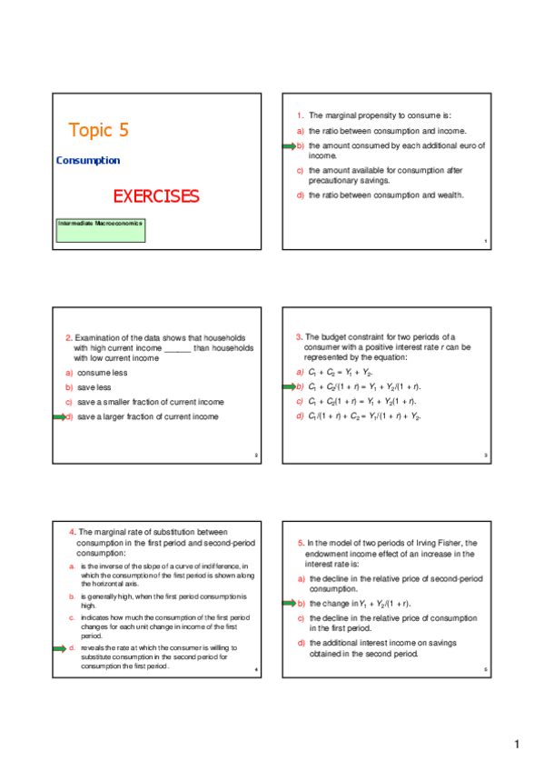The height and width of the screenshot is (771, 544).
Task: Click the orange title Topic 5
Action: click(98, 130)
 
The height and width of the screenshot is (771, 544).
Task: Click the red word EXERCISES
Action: click(155, 196)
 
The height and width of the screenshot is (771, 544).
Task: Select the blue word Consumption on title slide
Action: click(88, 161)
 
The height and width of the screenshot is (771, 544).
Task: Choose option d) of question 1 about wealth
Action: click(386, 195)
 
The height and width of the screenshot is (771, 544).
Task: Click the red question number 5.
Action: click(302, 543)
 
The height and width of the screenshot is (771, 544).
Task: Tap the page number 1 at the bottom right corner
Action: click(517, 746)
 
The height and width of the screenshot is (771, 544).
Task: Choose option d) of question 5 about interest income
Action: click(377, 648)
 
